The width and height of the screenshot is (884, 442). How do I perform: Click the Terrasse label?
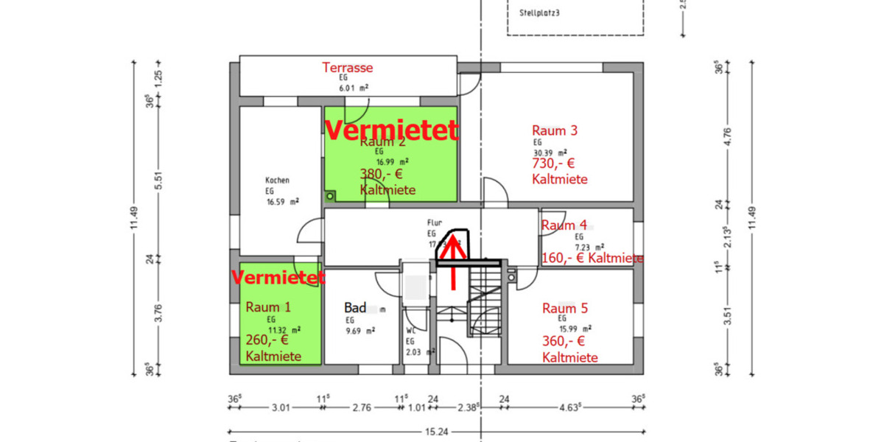348,68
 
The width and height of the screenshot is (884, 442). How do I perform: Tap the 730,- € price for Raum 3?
552,164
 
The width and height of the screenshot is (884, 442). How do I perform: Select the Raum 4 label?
564,225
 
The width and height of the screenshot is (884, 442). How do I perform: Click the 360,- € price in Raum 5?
564,342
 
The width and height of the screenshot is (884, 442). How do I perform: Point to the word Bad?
355,307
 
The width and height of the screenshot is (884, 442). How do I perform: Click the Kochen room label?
277,180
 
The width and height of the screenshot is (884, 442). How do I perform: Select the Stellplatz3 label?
544,13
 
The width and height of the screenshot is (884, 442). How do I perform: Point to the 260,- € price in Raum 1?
267,340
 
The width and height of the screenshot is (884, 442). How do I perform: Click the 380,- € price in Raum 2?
381,175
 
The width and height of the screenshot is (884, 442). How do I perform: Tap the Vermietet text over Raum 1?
278,278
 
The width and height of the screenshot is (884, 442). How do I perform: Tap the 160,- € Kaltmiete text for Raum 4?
592,259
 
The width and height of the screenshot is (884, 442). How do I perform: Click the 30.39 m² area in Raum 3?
548,150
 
